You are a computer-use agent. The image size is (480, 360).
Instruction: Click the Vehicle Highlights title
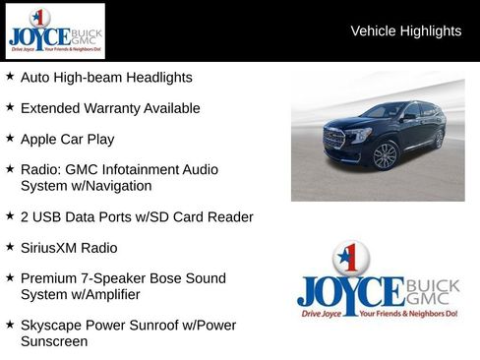pos(405,31)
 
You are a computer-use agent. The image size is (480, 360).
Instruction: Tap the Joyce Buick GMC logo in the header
pos(54,31)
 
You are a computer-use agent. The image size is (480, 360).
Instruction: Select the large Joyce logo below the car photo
pos(378,283)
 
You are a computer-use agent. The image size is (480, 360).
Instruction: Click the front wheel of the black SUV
pos(385,155)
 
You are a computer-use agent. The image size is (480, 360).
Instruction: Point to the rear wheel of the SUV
pos(438,139)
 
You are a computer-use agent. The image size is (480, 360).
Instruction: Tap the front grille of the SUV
pos(334,139)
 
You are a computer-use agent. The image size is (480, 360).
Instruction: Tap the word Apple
pos(40,139)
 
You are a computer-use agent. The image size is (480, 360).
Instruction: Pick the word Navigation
pos(117,185)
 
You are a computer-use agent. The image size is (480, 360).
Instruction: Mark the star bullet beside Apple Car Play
pos(10,139)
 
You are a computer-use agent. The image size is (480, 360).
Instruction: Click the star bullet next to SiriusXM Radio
pos(10,247)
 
